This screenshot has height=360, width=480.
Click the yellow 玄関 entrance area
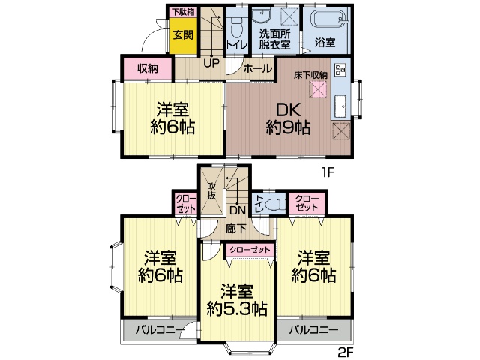point(183,36)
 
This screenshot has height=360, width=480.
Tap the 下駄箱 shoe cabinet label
point(183,12)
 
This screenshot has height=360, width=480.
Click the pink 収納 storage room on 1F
point(148,68)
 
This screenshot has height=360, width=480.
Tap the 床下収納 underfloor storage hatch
point(318,90)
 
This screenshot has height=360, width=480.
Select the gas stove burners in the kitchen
point(340,69)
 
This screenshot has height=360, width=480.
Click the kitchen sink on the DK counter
point(340,106)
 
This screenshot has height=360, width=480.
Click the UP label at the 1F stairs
point(211,63)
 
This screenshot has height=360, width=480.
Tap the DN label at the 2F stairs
point(238,210)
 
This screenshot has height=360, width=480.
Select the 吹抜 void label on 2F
point(211,191)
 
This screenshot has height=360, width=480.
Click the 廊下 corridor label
point(236,228)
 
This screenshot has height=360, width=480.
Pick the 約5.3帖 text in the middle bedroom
point(237,308)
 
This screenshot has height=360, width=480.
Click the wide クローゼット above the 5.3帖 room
point(250,250)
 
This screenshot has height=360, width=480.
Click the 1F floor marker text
point(328,172)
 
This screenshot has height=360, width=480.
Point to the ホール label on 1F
point(258,68)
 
